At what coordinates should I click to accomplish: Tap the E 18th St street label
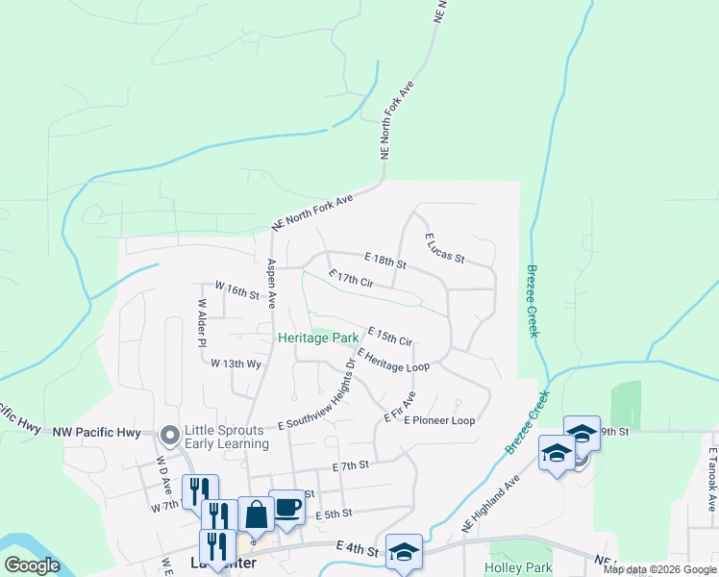point(385,261)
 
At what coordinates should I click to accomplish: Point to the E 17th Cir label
point(350,280)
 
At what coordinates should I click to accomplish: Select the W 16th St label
point(237,289)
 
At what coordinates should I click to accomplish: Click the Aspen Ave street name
point(272,283)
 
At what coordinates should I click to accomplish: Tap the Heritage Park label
point(318,338)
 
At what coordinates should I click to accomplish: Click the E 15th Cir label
point(389,335)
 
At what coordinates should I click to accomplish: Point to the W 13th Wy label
point(236,364)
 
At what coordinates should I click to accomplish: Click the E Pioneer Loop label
point(439,420)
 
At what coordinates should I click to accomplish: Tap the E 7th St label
point(351,465)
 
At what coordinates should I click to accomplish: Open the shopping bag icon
point(257,514)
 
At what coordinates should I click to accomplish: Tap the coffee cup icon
point(286,508)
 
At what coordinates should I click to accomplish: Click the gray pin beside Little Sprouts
point(171,437)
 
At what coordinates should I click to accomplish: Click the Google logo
point(32,565)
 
